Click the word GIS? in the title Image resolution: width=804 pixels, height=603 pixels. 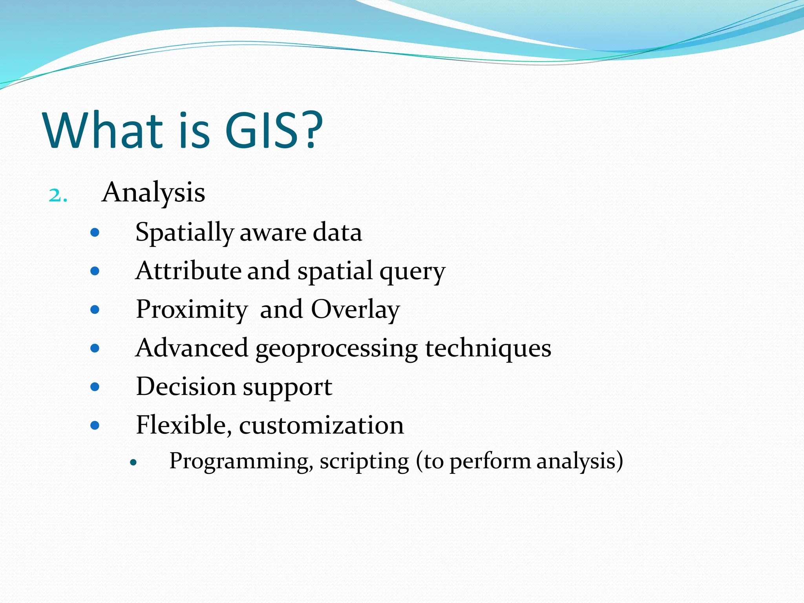[274, 130]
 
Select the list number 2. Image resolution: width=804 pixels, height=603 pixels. [58, 195]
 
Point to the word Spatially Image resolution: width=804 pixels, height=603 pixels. [184, 232]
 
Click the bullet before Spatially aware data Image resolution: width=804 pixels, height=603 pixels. [95, 233]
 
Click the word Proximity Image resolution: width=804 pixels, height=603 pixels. [191, 310]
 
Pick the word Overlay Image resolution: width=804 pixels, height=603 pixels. [355, 310]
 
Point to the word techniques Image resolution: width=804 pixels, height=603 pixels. [488, 348]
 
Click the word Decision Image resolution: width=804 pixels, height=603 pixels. [186, 387]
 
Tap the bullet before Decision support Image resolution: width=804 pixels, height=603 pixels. [95, 387]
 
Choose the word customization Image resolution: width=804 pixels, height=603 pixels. [321, 425]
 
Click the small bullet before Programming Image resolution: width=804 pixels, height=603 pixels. [133, 463]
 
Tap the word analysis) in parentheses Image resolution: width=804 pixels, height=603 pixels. [579, 462]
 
